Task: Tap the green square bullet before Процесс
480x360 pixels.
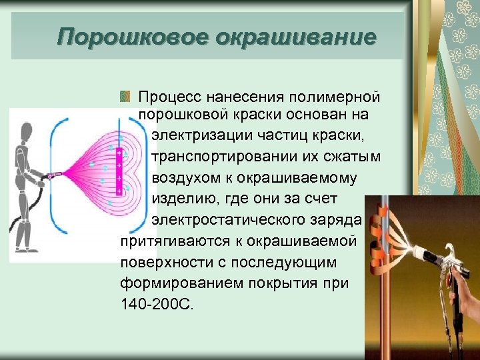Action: pyautogui.click(x=124, y=98)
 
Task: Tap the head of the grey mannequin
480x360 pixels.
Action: pyautogui.click(x=25, y=131)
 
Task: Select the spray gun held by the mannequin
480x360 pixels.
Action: pyautogui.click(x=53, y=177)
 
